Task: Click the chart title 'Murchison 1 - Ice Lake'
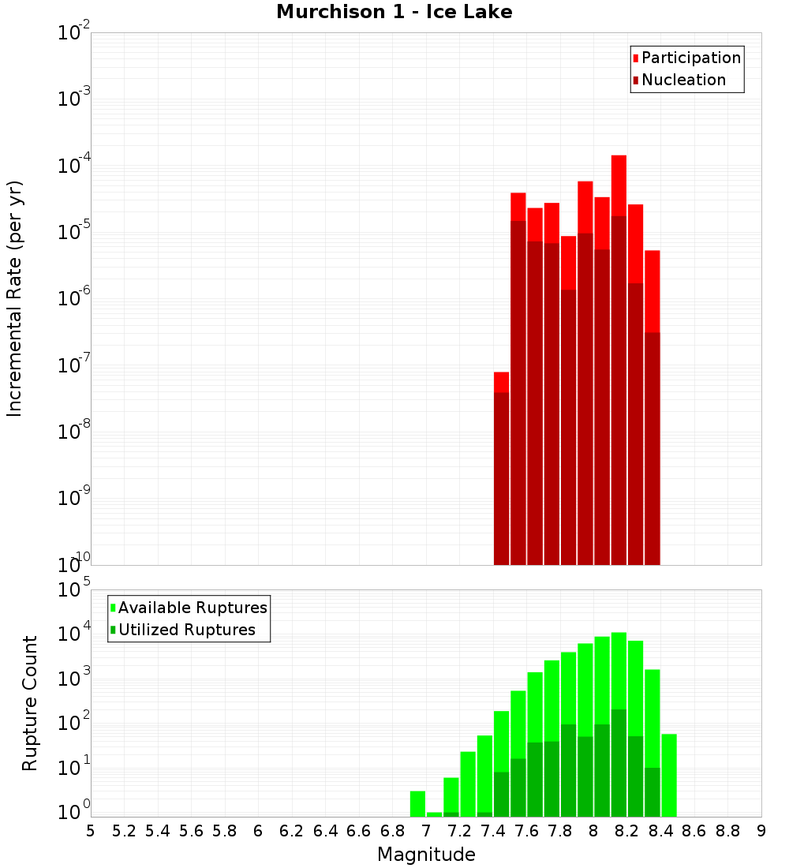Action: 394,12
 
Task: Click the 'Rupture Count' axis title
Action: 30,702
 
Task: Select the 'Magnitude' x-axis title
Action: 426,855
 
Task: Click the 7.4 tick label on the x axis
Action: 493,830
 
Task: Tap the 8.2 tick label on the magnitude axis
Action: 627,830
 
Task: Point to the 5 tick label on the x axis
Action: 91,830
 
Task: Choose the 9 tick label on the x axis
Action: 761,830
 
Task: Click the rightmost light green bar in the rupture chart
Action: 669,773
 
